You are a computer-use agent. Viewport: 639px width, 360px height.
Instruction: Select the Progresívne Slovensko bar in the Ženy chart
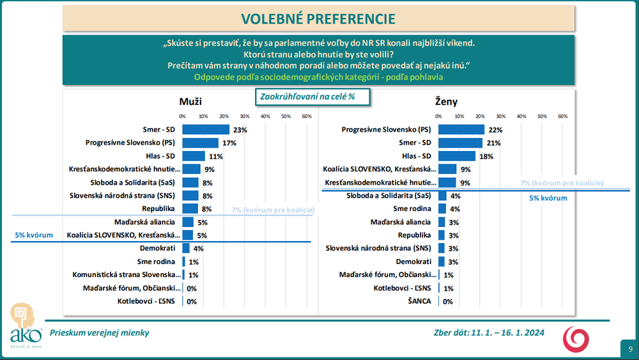[461, 129]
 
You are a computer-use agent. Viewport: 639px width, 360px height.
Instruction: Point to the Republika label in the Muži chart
[161, 208]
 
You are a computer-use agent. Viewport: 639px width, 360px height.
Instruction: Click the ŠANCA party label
[420, 301]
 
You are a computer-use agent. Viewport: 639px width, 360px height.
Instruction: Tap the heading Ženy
[446, 101]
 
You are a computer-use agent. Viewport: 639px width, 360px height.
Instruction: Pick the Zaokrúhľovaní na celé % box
[307, 96]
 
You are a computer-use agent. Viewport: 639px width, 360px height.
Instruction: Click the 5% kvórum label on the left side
[34, 235]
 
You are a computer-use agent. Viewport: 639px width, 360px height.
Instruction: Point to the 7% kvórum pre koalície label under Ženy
[562, 183]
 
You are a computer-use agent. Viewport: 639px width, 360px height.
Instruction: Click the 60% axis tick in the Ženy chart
[563, 116]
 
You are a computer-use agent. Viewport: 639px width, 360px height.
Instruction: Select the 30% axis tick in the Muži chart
[245, 116]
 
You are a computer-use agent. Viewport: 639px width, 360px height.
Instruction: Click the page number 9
[630, 348]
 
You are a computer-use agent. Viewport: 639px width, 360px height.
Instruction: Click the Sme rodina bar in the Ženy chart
[442, 208]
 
